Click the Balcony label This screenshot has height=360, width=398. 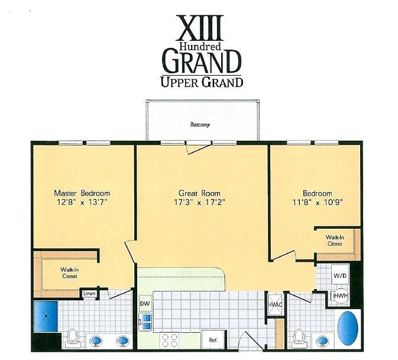[x=200, y=125]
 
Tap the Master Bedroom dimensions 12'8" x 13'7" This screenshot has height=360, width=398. [x=82, y=202]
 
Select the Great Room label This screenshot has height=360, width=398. [x=199, y=193]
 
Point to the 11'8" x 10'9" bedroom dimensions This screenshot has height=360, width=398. [x=318, y=202]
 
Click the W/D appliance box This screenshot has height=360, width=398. [x=339, y=275]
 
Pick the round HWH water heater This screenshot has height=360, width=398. [x=341, y=296]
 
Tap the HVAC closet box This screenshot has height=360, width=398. [x=275, y=304]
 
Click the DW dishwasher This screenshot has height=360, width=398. [x=145, y=303]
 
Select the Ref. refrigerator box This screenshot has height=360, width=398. [x=213, y=340]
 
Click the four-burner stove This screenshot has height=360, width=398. [x=170, y=340]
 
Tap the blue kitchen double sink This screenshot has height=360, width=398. [x=145, y=322]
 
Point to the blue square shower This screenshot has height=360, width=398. [x=46, y=316]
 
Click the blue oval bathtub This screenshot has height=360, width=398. [x=348, y=327]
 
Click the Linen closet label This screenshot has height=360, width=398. [x=90, y=294]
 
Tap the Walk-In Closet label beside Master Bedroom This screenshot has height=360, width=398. [x=69, y=273]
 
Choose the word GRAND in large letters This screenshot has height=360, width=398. [x=202, y=61]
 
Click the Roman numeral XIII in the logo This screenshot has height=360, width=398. [x=200, y=28]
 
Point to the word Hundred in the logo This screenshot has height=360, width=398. [x=200, y=46]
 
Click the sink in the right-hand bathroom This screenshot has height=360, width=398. [x=323, y=340]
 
